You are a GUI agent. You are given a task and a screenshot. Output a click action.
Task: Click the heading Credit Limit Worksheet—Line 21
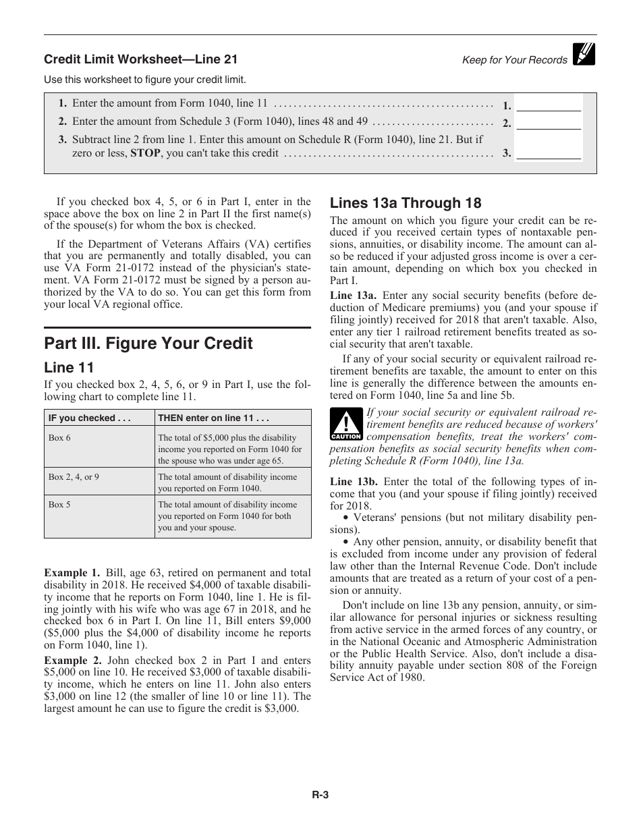pyautogui.click(x=140, y=59)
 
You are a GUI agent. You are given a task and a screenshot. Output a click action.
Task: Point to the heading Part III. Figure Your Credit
pyautogui.click(x=148, y=343)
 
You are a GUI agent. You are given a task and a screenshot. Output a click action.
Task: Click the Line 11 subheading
pyautogui.click(x=69, y=367)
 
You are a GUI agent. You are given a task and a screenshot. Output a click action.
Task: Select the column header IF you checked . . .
pyautogui.click(x=90, y=418)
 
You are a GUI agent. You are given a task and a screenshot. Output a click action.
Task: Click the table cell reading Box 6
pyautogui.click(x=59, y=438)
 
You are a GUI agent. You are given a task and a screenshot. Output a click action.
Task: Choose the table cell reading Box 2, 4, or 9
pyautogui.click(x=74, y=477)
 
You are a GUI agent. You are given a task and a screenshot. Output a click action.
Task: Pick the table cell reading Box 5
pyautogui.click(x=59, y=505)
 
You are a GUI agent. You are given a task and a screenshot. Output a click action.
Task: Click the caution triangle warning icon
pyautogui.click(x=345, y=425)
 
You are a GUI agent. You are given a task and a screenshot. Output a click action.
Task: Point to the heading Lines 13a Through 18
pyautogui.click(x=405, y=203)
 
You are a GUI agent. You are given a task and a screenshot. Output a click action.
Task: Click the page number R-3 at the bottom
pyautogui.click(x=320, y=795)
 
